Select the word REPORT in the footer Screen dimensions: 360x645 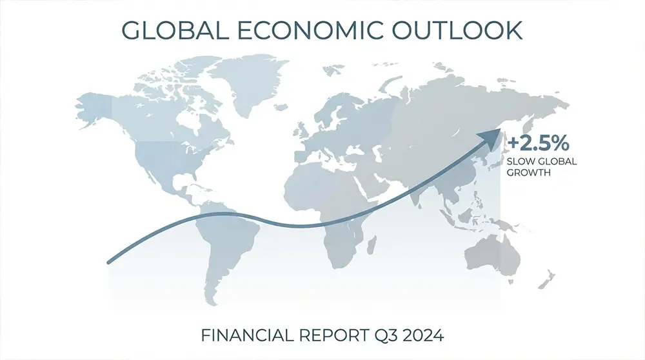[x=322, y=335]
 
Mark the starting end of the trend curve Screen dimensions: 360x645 [x=109, y=261]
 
